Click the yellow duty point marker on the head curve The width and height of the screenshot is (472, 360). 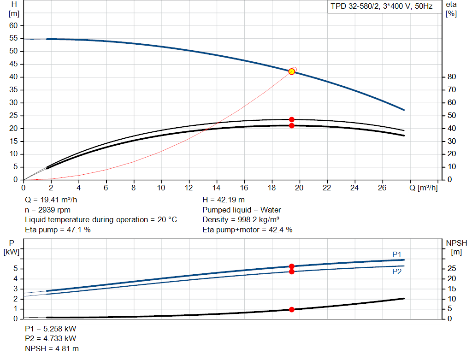pyautogui.click(x=291, y=71)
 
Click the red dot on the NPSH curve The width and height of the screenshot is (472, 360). pyautogui.click(x=291, y=309)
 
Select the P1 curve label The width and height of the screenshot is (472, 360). pyautogui.click(x=397, y=254)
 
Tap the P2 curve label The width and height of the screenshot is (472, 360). pyautogui.click(x=397, y=272)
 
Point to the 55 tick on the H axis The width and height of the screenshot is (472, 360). pyautogui.click(x=13, y=38)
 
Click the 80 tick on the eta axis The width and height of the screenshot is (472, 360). pyautogui.click(x=452, y=77)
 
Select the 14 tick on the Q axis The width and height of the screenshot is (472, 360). pyautogui.click(x=216, y=188)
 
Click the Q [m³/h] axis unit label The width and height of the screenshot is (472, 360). pyautogui.click(x=423, y=188)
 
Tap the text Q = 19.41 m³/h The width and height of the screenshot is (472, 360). pyautogui.click(x=51, y=200)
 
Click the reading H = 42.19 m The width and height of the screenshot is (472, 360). pyautogui.click(x=224, y=200)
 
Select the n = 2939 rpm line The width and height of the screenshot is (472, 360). pyautogui.click(x=48, y=210)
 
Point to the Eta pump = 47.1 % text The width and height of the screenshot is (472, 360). pyautogui.click(x=58, y=230)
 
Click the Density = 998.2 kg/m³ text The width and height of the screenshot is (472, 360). pyautogui.click(x=241, y=220)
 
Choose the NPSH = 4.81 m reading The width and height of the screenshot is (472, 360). pyautogui.click(x=52, y=348)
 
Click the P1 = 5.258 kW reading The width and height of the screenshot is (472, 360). pyautogui.click(x=51, y=329)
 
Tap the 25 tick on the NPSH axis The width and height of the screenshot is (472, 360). pyautogui.click(x=452, y=268)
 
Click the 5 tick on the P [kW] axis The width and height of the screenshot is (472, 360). pyautogui.click(x=16, y=269)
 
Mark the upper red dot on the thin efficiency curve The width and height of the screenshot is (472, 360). pyautogui.click(x=291, y=119)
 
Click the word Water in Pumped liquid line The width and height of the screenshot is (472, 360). pyautogui.click(x=271, y=210)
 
